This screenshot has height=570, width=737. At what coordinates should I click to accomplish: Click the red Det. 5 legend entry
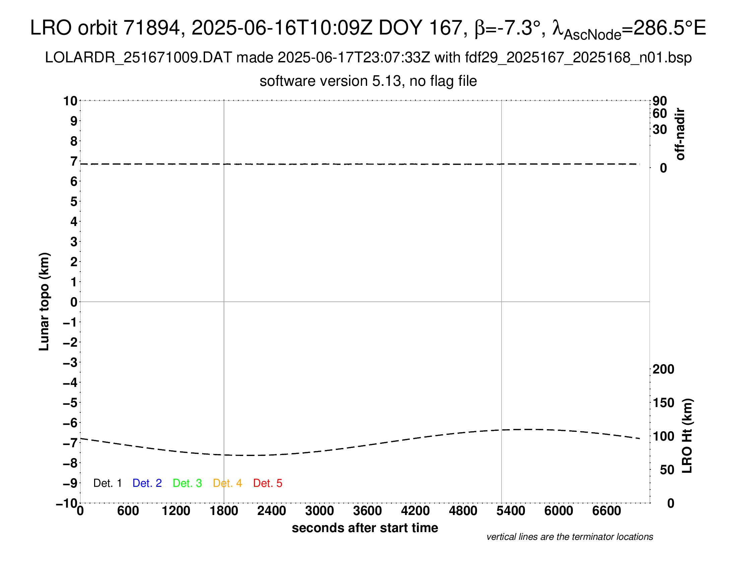tap(267, 483)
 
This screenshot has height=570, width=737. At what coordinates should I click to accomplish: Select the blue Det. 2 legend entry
tap(147, 483)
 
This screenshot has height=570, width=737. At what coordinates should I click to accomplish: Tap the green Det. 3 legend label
tap(187, 483)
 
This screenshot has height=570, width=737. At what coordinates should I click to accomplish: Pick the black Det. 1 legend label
tap(107, 483)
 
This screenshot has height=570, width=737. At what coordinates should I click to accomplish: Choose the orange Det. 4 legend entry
tap(227, 483)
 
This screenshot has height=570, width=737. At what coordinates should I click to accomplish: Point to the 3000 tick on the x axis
tap(320, 511)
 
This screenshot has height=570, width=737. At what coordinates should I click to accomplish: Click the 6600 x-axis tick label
tap(606, 511)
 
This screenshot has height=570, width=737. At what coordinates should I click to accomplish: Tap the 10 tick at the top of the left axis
tap(70, 101)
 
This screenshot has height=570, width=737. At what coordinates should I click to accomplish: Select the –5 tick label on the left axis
tap(70, 402)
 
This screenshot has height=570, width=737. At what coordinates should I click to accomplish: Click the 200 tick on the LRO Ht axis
tap(663, 369)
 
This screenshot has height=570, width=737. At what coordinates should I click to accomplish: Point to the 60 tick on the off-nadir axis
tap(660, 113)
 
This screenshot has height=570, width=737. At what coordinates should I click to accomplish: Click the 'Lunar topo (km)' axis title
tap(44, 301)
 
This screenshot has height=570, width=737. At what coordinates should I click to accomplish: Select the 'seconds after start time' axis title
tap(365, 528)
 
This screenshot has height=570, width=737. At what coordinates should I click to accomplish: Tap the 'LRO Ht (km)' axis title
tap(687, 436)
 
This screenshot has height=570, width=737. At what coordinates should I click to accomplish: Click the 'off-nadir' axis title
tap(680, 134)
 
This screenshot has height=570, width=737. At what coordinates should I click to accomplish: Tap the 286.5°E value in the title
tap(670, 28)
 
